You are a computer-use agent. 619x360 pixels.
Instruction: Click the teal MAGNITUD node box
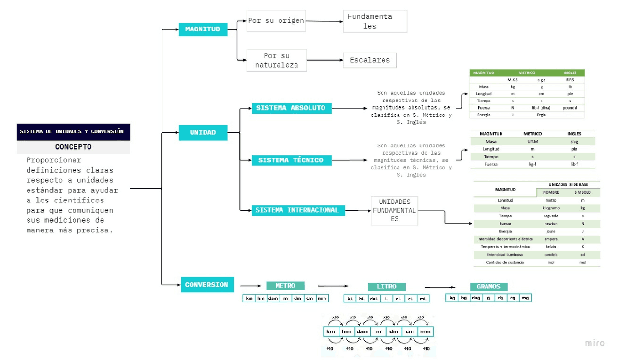[203, 29]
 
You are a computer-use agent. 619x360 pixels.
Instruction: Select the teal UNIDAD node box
[203, 132]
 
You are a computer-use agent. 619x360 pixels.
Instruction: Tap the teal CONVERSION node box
[207, 285]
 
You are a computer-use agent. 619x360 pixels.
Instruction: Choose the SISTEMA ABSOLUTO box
[292, 108]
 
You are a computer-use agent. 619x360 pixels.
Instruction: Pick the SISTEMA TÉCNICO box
[292, 160]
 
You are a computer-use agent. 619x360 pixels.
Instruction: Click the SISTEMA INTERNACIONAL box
[298, 210]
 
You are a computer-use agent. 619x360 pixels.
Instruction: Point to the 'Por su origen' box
[276, 21]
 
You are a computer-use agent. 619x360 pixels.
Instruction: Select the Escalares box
[369, 60]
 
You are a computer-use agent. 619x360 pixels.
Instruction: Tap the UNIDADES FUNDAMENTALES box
[394, 210]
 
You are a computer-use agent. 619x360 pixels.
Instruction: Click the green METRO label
[285, 286]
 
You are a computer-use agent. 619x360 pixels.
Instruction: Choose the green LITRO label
[386, 287]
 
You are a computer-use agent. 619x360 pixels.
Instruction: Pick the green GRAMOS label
[488, 287]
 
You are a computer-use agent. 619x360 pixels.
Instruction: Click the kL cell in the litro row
[350, 299]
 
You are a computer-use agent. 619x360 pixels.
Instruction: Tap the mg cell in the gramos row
[525, 298]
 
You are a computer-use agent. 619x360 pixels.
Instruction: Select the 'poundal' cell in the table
[570, 108]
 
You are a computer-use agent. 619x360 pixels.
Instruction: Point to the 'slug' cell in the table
[574, 142]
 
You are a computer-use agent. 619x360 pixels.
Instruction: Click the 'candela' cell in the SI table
[550, 255]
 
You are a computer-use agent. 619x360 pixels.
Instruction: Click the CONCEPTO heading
[73, 147]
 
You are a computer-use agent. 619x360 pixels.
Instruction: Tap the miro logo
[594, 343]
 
